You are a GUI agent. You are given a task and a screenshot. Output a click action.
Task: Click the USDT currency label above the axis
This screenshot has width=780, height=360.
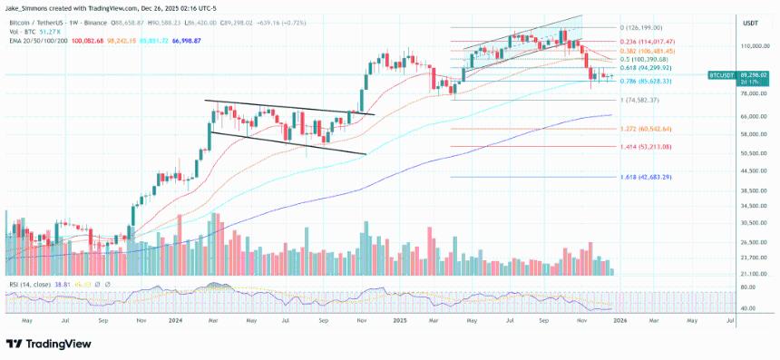[x=750, y=23]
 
